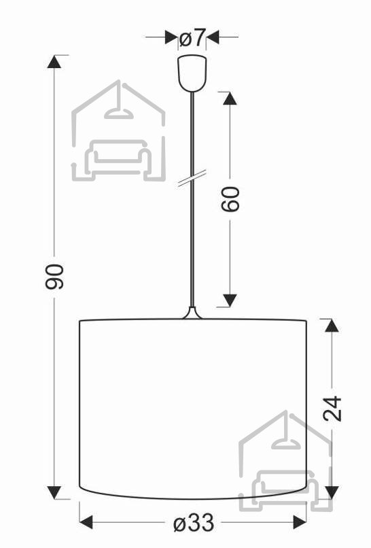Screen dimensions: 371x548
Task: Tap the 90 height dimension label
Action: [x=54, y=277]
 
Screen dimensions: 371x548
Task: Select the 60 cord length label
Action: [x=230, y=199]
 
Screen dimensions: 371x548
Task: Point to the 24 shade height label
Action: [x=332, y=408]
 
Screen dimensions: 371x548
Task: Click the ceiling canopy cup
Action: [x=192, y=73]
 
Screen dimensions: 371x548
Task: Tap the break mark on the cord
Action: [x=192, y=178]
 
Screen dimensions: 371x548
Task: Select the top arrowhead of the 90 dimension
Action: [x=54, y=61]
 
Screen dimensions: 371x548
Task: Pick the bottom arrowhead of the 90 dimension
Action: [x=54, y=492]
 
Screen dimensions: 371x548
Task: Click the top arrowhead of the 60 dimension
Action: [x=230, y=98]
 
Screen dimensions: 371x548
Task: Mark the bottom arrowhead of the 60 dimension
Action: [x=230, y=301]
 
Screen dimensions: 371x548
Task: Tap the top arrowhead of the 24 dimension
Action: [x=332, y=326]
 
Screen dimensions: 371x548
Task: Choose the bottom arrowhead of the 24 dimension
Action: [x=332, y=492]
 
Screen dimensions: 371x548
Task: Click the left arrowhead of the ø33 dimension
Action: [x=86, y=522]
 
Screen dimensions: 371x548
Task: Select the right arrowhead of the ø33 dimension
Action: [x=300, y=522]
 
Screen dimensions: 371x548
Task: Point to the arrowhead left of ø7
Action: [x=171, y=37]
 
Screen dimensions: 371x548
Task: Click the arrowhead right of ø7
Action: [x=213, y=37]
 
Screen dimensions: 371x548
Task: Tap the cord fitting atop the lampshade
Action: [x=192, y=313]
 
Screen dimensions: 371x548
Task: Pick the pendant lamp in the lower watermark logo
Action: [x=287, y=436]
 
